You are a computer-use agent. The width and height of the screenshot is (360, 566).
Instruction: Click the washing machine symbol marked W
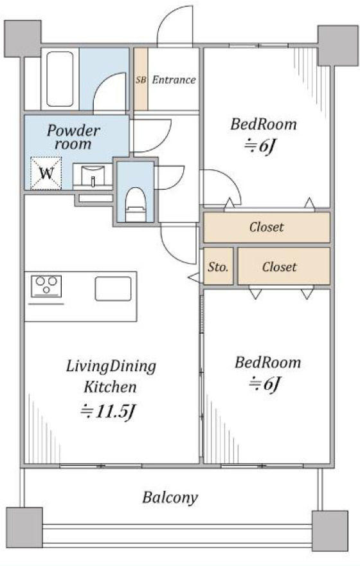46,174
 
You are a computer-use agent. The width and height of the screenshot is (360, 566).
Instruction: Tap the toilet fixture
135,205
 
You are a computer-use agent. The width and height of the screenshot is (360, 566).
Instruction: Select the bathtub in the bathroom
60,79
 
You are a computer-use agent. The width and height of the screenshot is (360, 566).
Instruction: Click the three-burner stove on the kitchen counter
46,286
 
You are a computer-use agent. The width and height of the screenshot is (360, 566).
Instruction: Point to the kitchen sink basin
113,289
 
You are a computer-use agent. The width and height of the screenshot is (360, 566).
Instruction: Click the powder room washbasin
93,176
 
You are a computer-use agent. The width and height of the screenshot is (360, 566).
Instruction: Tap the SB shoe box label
141,80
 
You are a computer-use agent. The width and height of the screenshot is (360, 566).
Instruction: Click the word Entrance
174,80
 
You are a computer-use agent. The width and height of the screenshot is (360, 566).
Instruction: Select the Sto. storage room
218,266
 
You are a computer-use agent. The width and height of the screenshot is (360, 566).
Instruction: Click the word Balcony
170,497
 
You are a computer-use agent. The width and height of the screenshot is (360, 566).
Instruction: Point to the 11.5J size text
108,411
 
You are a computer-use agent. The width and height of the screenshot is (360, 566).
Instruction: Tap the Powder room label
73,137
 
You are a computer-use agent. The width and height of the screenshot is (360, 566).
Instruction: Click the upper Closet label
267,227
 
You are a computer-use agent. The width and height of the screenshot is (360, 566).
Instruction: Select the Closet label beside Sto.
280,267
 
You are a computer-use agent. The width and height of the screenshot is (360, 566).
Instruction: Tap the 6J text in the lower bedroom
264,384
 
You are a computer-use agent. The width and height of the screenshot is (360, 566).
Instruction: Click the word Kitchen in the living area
110,387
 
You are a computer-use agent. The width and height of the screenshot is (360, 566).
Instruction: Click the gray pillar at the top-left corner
22,39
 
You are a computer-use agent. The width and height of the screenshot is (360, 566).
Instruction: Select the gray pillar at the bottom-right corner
330,531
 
